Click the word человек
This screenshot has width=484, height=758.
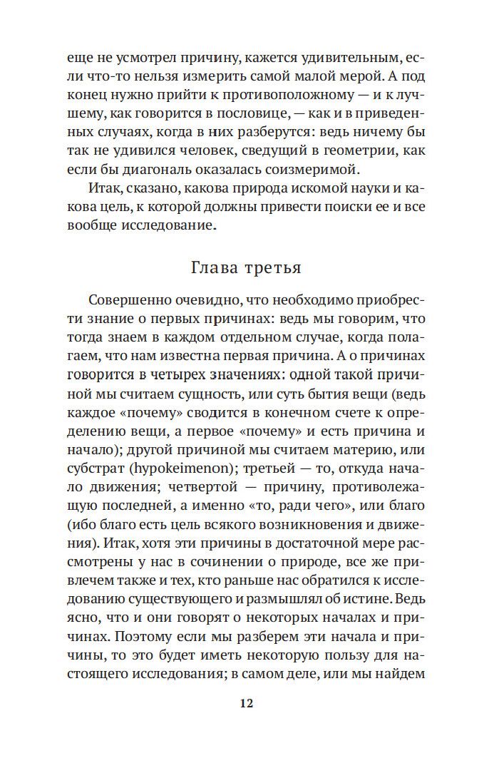click(188, 152)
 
